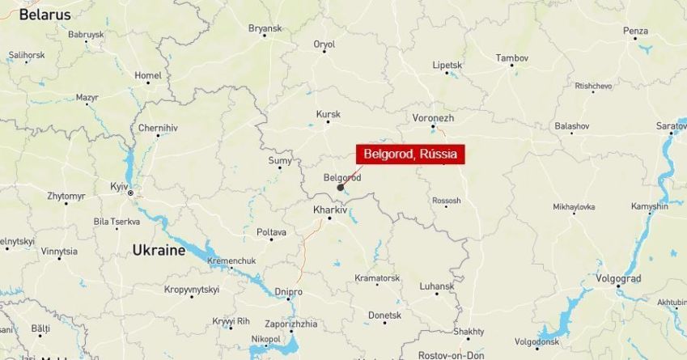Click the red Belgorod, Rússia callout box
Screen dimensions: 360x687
[410, 155]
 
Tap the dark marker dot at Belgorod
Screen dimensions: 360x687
[341, 188]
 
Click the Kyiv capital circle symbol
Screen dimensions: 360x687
[130, 193]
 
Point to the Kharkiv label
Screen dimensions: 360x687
[329, 210]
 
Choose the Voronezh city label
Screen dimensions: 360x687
[434, 118]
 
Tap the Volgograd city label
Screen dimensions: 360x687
[618, 278]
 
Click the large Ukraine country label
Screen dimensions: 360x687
[159, 251]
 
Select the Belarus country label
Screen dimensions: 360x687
[45, 15]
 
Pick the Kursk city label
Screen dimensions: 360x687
[328, 114]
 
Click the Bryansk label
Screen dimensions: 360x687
[265, 28]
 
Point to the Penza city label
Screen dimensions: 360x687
[635, 31]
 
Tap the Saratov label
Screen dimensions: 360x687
[671, 126]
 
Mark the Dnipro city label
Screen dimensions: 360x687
[288, 291]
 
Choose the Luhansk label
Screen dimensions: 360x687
[437, 286]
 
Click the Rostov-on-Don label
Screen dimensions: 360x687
[452, 354]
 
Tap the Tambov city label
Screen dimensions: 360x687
[511, 58]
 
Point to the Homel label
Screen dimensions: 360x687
[148, 75]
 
